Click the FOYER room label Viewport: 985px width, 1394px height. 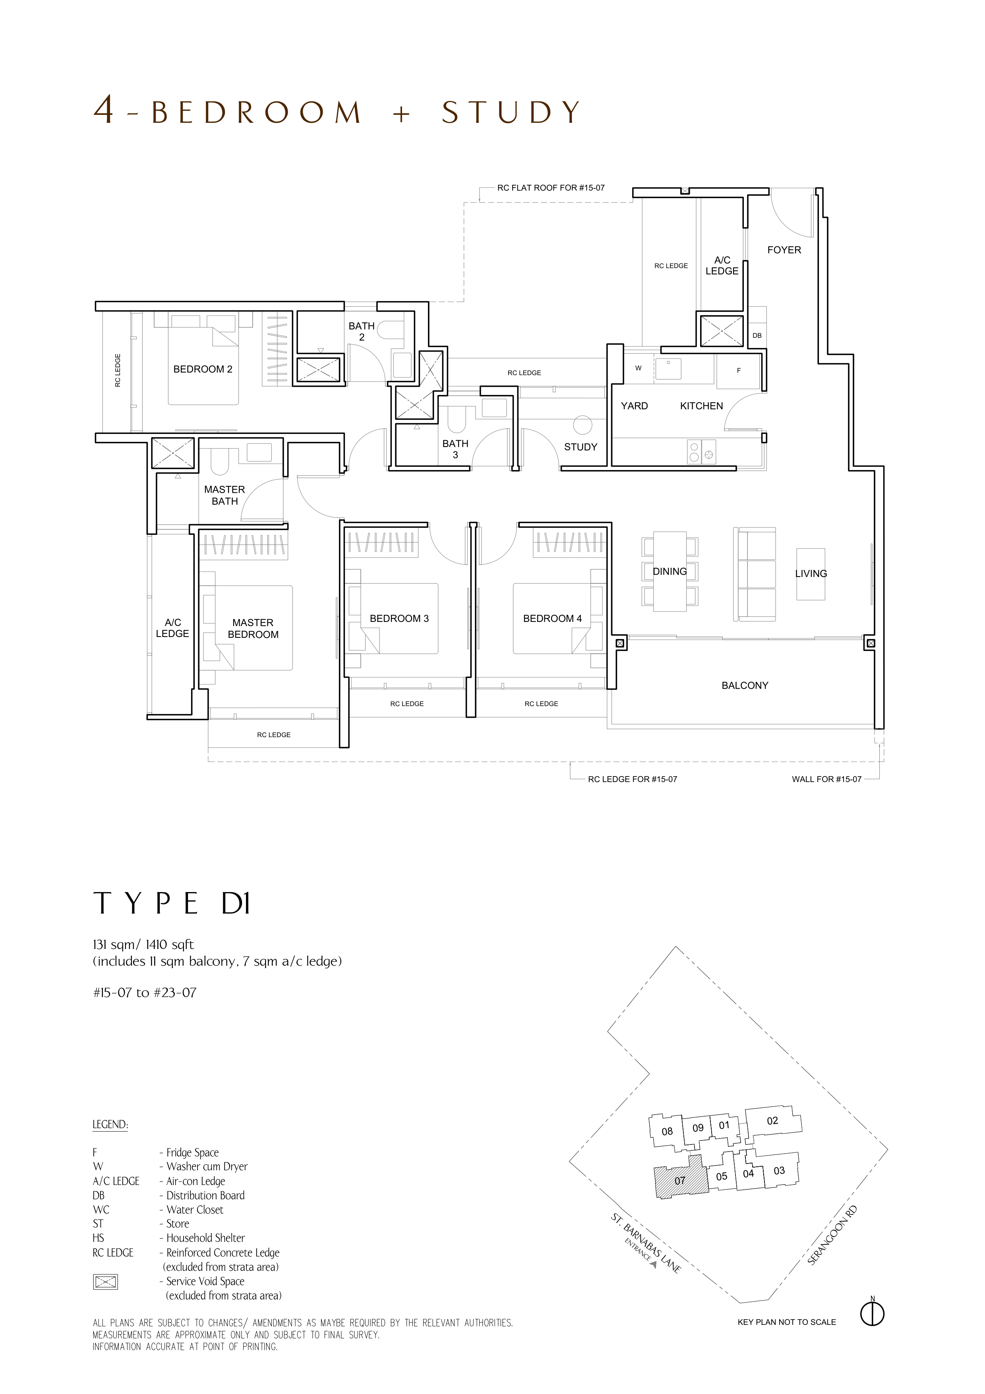coord(784,250)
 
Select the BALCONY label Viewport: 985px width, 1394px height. coord(745,685)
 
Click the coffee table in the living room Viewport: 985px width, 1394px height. coord(810,574)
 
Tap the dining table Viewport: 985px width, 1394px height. coord(670,571)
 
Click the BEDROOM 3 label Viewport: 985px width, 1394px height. coord(399,619)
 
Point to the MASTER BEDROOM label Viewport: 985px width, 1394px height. coord(253,628)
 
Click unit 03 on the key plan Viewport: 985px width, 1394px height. coord(779,1170)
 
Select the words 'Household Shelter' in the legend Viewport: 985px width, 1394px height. coord(206,1238)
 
